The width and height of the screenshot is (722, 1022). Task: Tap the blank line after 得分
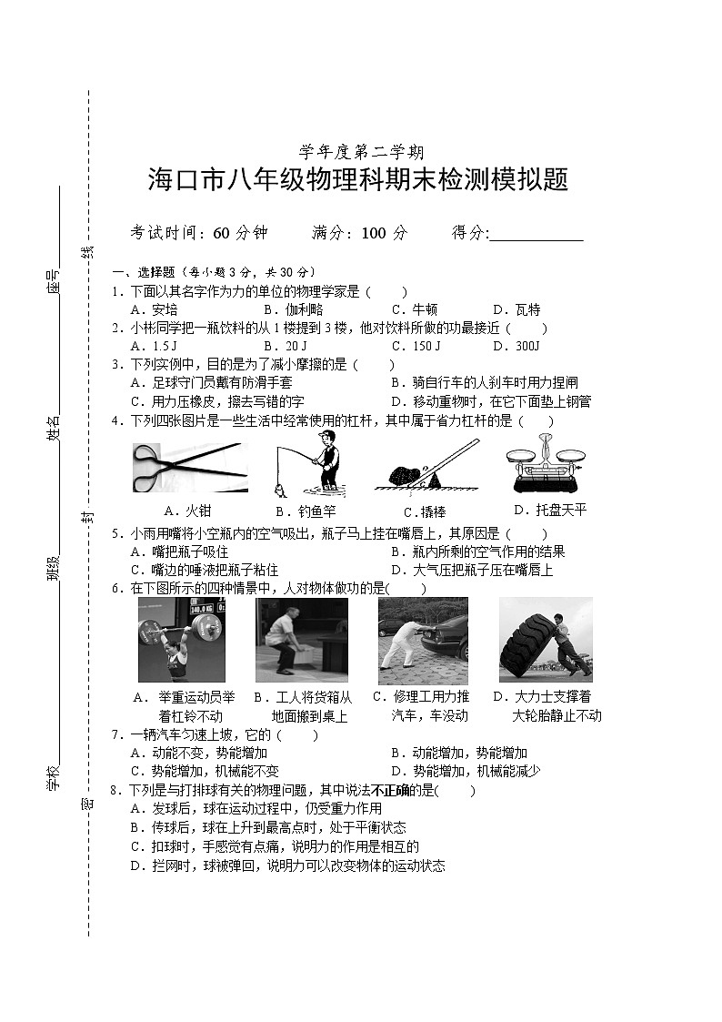coord(536,234)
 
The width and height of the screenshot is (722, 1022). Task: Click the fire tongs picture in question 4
coord(189,466)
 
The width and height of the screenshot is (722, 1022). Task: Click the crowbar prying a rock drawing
coord(427,465)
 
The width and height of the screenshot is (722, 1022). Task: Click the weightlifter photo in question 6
coord(181,639)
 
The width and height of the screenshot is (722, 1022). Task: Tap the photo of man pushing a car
coord(423,640)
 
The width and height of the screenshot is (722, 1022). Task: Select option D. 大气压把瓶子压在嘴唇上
coord(471,570)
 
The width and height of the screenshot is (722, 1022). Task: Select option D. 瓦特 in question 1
coord(516,309)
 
